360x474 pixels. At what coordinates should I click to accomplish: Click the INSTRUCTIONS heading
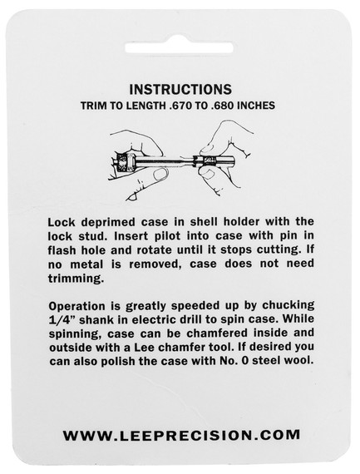[x=180, y=90]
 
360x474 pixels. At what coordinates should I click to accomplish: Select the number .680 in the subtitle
[x=221, y=106]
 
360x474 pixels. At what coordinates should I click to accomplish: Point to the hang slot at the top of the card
[x=179, y=47]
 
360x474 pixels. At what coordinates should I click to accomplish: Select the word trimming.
[x=76, y=279]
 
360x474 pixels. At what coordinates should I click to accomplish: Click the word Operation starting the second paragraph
[x=77, y=307]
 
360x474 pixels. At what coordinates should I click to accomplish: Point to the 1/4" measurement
[x=62, y=320]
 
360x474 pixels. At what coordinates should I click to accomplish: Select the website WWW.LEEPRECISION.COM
[x=181, y=435]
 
